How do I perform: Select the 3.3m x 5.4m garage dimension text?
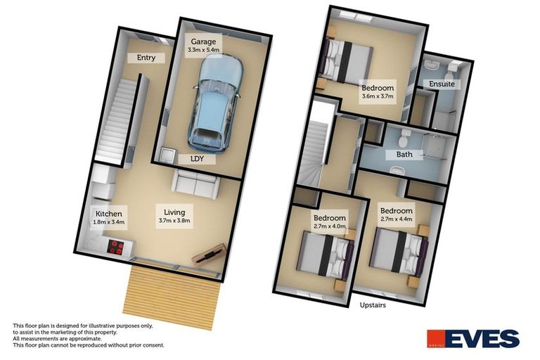tap(205, 51)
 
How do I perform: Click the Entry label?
tap(146, 58)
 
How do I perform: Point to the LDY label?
tap(198, 159)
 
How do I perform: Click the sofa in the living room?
tap(196, 185)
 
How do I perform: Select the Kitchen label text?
tap(109, 214)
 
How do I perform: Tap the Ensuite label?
tap(442, 84)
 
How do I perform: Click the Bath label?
tap(404, 154)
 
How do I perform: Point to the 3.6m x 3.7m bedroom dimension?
tap(378, 97)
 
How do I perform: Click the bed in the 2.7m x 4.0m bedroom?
tap(323, 254)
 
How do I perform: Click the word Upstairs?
tap(373, 305)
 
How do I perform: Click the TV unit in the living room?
tap(209, 254)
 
